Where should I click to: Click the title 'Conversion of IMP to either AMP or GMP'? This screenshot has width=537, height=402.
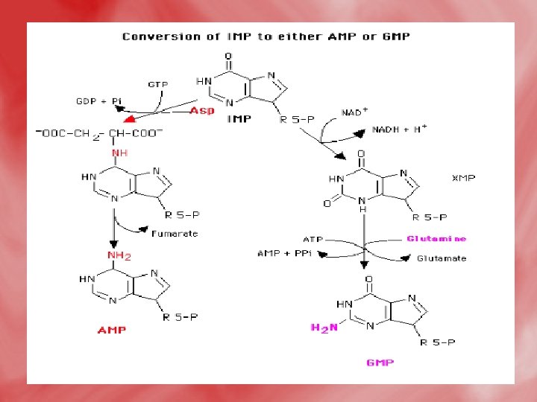tap(266, 36)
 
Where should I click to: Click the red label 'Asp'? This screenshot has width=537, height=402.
tap(202, 110)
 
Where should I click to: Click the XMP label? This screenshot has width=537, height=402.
tap(465, 178)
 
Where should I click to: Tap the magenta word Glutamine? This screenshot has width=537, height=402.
tap(436, 239)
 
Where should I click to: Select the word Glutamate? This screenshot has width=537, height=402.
tap(442, 258)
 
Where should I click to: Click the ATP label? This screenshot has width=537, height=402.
tap(313, 239)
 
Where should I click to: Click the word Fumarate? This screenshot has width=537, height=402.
tap(175, 234)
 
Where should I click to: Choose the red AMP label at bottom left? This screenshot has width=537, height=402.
tap(111, 330)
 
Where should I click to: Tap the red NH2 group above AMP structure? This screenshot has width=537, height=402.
tap(119, 255)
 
